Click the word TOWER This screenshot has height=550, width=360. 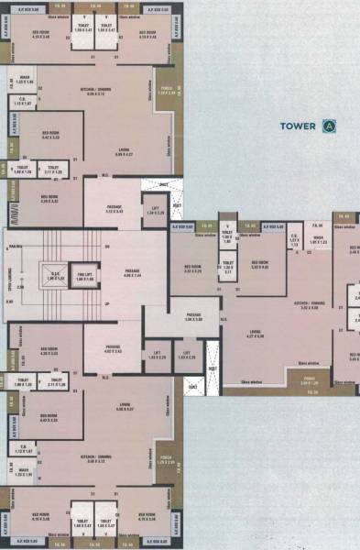point(297,126)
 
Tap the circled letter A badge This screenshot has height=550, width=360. point(328,126)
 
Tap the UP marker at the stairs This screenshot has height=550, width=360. point(108,303)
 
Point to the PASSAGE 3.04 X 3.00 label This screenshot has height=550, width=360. point(194,317)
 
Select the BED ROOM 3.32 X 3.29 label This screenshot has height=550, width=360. point(193,269)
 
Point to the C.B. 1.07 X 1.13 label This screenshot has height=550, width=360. point(295,242)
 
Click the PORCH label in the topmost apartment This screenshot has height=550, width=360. point(165,91)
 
